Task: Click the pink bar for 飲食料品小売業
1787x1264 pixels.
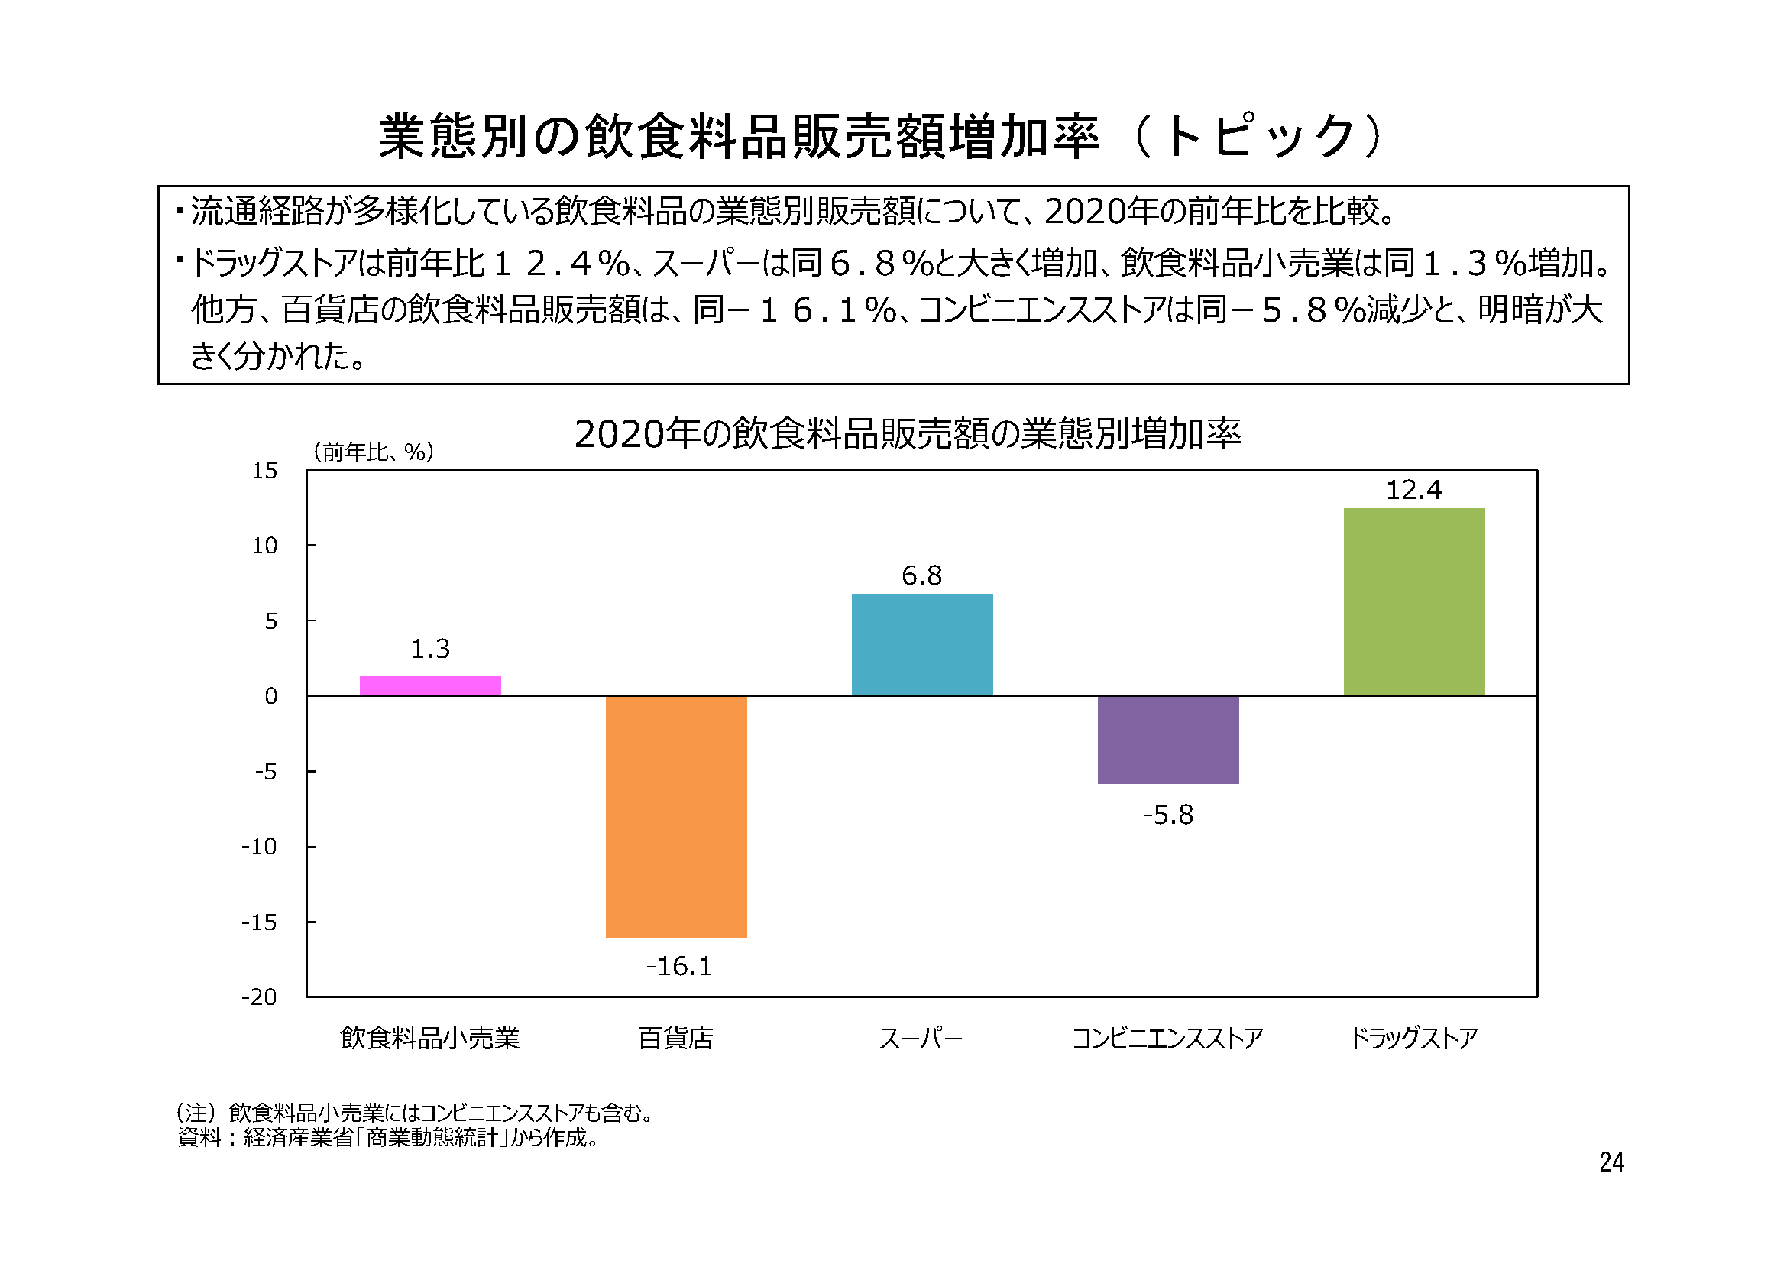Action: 429,685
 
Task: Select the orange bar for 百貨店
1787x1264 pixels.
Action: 675,816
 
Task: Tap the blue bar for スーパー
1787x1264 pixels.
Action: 921,644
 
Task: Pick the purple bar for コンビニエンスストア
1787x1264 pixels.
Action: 1167,740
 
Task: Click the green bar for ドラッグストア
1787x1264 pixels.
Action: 1413,601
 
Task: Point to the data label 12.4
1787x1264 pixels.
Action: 1413,491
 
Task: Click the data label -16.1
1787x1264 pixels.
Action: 678,967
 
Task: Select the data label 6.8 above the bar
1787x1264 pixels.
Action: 921,576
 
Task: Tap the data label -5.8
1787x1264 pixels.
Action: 1167,815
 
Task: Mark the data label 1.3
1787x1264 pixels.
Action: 429,649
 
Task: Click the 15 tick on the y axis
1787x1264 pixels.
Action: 264,471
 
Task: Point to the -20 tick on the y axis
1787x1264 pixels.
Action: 259,997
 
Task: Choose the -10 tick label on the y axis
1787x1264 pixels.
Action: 259,847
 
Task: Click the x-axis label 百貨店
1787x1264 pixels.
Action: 675,1039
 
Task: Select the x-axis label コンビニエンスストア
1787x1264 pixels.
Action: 1167,1039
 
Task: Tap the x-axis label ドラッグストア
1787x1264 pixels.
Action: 1413,1039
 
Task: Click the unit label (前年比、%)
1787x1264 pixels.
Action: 373,452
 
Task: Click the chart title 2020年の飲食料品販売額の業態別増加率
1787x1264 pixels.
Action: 908,434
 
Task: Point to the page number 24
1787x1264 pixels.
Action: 1611,1163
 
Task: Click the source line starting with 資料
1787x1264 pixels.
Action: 388,1139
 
